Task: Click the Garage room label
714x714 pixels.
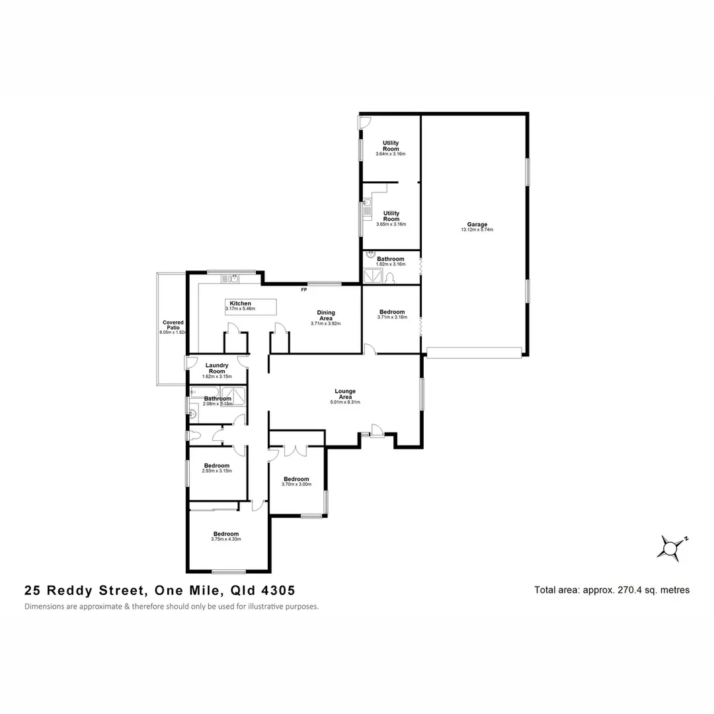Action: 477,224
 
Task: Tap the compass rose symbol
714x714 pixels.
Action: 672,548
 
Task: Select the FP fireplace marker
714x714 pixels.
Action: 303,290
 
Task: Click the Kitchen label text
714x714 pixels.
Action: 240,303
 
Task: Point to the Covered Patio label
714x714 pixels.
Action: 173,325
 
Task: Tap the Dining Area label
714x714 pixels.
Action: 325,315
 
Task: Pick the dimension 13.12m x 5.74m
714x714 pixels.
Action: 477,230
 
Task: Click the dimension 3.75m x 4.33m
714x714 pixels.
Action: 226,539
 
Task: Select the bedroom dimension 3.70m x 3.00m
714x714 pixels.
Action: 296,485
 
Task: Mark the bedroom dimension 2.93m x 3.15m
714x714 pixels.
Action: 217,471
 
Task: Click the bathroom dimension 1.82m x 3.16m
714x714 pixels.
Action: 391,264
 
